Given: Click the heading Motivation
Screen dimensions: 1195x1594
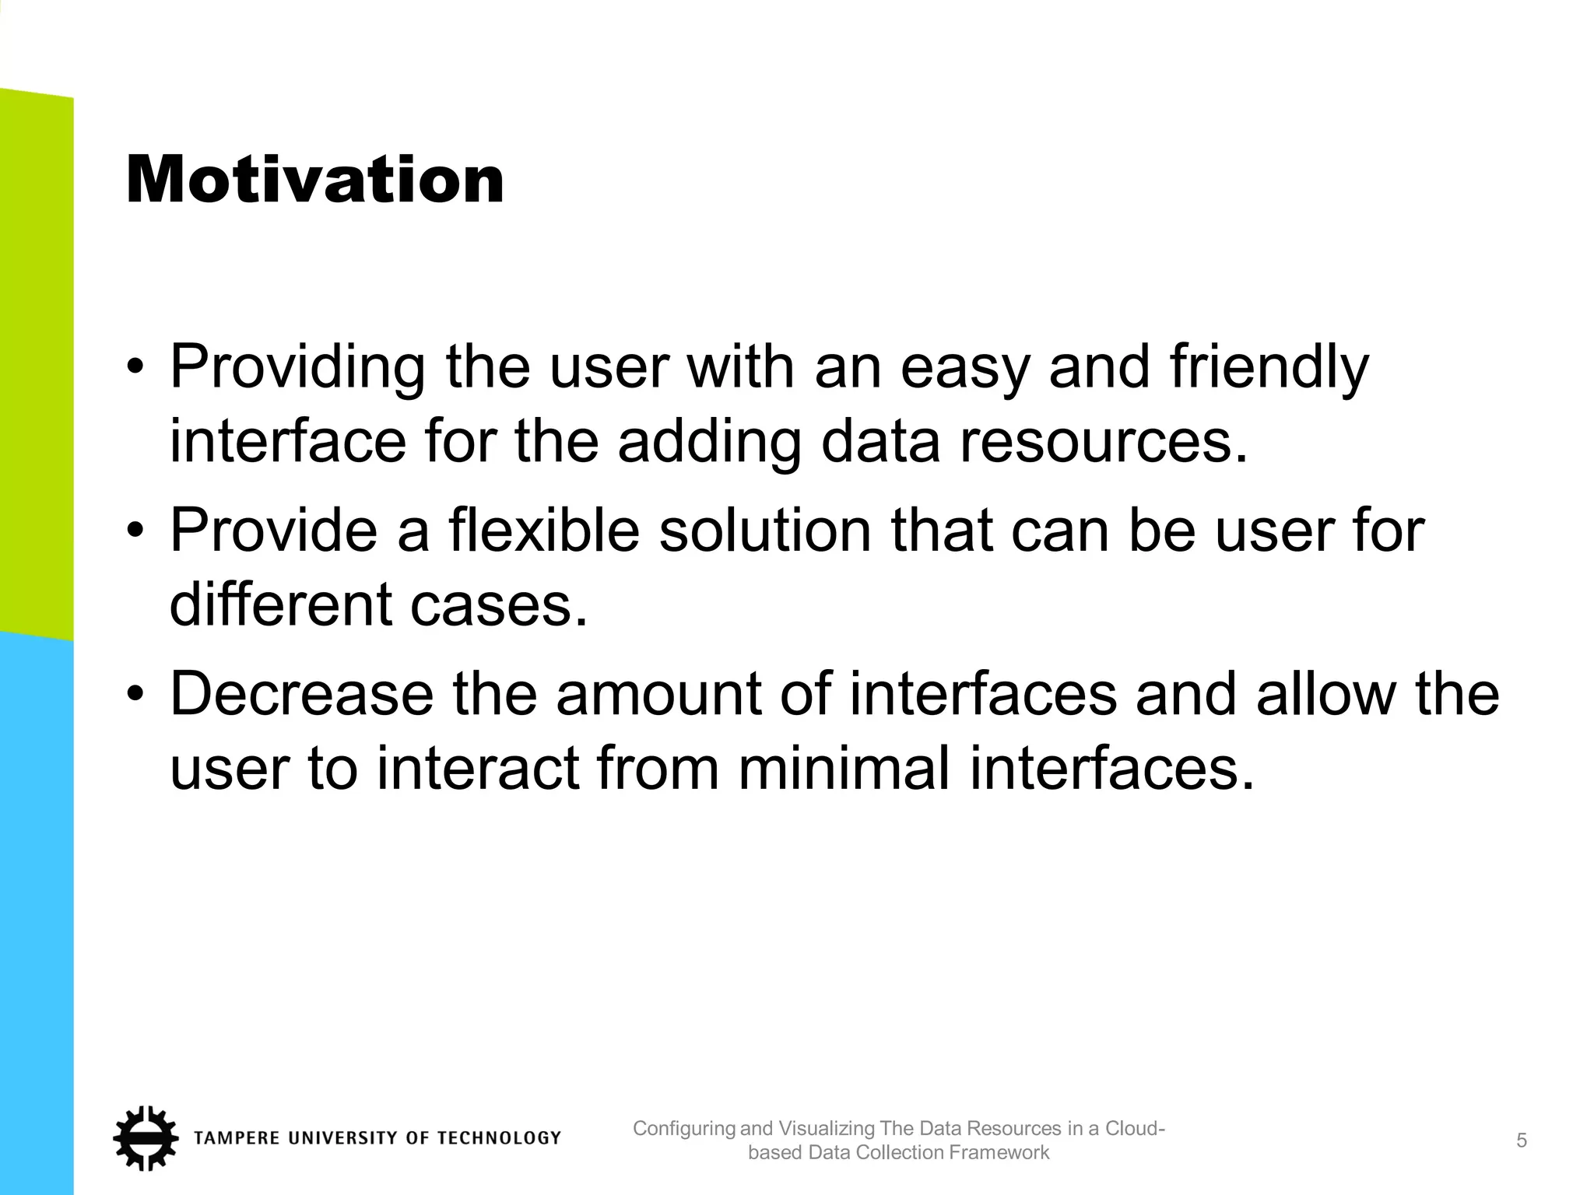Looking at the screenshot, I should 314,180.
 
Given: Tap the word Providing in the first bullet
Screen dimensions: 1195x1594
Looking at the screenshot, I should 297,368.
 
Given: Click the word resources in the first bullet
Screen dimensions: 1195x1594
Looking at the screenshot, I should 1102,442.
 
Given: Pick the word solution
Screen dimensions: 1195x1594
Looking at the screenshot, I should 764,531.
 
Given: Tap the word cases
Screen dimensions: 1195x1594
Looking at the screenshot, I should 498,605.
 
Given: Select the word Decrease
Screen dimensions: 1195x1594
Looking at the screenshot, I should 301,694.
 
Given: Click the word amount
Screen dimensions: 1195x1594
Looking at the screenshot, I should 658,694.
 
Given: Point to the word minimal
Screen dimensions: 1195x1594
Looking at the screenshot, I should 843,769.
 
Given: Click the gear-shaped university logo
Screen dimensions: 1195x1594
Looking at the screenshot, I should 145,1137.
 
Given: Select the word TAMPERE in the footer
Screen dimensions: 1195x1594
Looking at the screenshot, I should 237,1138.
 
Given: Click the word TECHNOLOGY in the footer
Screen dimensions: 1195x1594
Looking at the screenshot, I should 499,1138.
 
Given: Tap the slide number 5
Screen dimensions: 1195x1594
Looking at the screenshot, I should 1522,1141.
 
